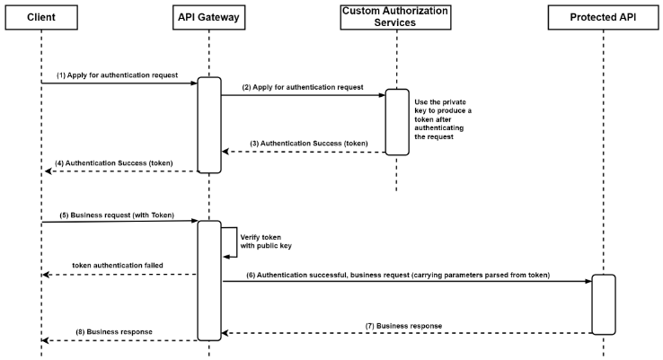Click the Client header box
[41, 17]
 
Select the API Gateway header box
[208, 17]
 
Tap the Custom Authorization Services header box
[396, 17]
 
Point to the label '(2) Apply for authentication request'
[304, 87]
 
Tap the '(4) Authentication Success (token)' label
[115, 162]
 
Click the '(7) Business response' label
[404, 325]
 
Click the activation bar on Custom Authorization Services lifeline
[397, 122]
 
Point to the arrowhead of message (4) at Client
[46, 171]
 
